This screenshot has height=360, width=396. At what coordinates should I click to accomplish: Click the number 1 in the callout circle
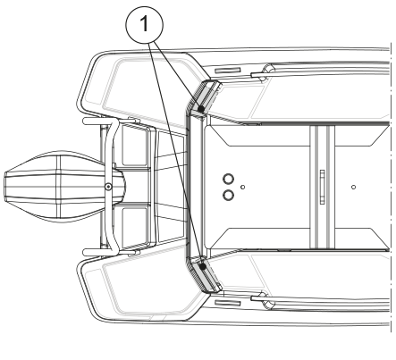pos(145,24)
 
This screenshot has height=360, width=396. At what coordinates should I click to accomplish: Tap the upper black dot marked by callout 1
pos(201,109)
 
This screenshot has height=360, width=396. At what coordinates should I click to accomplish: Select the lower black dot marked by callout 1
pos(203,266)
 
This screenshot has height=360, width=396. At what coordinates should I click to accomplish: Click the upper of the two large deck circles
pos(228,180)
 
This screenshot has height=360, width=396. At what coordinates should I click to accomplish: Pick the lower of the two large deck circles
pos(228,196)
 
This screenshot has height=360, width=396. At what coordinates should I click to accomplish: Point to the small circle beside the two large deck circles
pos(243,187)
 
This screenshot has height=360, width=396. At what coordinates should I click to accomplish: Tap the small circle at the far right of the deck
pos(353,187)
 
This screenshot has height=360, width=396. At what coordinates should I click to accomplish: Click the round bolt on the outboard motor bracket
pos(108,187)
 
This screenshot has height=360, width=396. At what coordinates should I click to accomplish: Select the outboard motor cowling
pos(64,187)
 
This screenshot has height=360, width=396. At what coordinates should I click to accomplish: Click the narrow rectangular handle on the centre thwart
pos(322,187)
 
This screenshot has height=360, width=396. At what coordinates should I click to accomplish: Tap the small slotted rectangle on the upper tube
pos(227,71)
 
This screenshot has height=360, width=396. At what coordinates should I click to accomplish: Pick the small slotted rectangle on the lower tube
pos(227,304)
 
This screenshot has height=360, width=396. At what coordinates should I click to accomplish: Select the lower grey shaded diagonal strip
pos(205,276)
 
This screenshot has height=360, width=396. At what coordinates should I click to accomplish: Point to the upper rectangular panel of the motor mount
pos(135,147)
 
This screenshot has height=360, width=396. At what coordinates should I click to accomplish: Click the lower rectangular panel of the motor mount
pos(135,227)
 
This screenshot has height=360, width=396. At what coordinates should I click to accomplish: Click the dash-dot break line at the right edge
pos(390,187)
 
